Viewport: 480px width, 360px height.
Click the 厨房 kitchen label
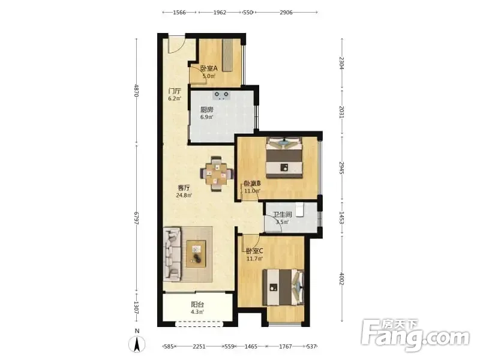[206, 110]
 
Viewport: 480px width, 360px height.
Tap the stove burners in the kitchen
[221, 95]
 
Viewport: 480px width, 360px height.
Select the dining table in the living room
[217, 174]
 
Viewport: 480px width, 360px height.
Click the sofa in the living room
[172, 254]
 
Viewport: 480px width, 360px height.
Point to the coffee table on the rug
[196, 254]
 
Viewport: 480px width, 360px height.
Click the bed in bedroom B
[284, 157]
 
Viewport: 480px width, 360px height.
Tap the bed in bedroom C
[283, 287]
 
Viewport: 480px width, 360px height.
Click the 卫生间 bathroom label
[282, 215]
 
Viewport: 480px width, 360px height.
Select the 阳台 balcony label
[197, 305]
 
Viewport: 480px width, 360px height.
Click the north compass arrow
[137, 344]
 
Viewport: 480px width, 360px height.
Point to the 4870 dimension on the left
[137, 91]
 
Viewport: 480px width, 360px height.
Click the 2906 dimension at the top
[286, 12]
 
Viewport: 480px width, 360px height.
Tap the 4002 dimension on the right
[342, 278]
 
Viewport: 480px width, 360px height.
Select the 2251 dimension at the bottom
[199, 346]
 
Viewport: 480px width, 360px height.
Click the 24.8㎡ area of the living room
[184, 195]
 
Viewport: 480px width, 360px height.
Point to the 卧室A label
[209, 68]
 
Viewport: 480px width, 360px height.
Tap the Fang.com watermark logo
[415, 335]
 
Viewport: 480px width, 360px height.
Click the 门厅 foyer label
[175, 91]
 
